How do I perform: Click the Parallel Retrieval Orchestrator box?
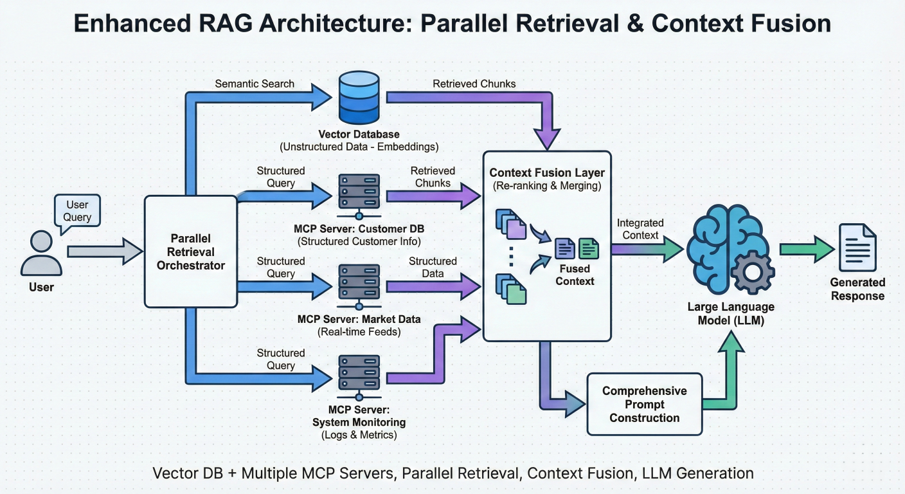[190, 252]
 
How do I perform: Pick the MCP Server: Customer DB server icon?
[359, 191]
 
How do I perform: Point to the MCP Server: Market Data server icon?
[359, 281]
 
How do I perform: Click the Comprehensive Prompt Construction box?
[644, 404]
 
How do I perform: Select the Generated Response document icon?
[857, 248]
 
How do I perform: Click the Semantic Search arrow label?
[255, 84]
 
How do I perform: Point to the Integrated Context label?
[640, 229]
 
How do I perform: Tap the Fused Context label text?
[575, 275]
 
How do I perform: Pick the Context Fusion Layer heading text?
[547, 173]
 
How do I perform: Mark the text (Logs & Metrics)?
[359, 435]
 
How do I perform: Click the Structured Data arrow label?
[433, 267]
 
